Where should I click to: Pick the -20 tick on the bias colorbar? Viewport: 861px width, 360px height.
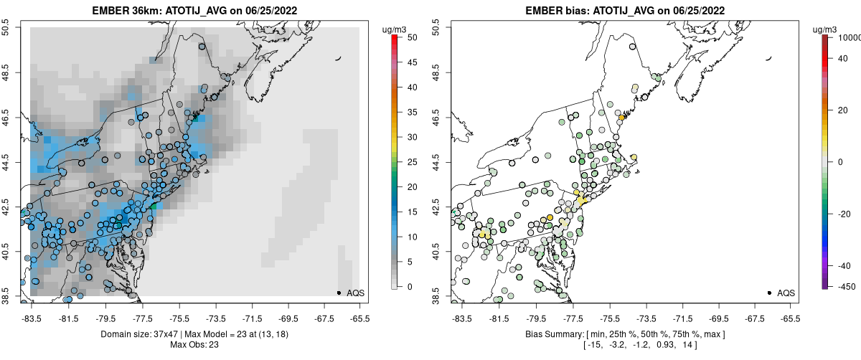pos(844,212)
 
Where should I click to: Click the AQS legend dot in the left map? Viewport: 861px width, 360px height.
pos(339,293)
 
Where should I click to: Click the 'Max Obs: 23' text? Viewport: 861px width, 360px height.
pos(194,345)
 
